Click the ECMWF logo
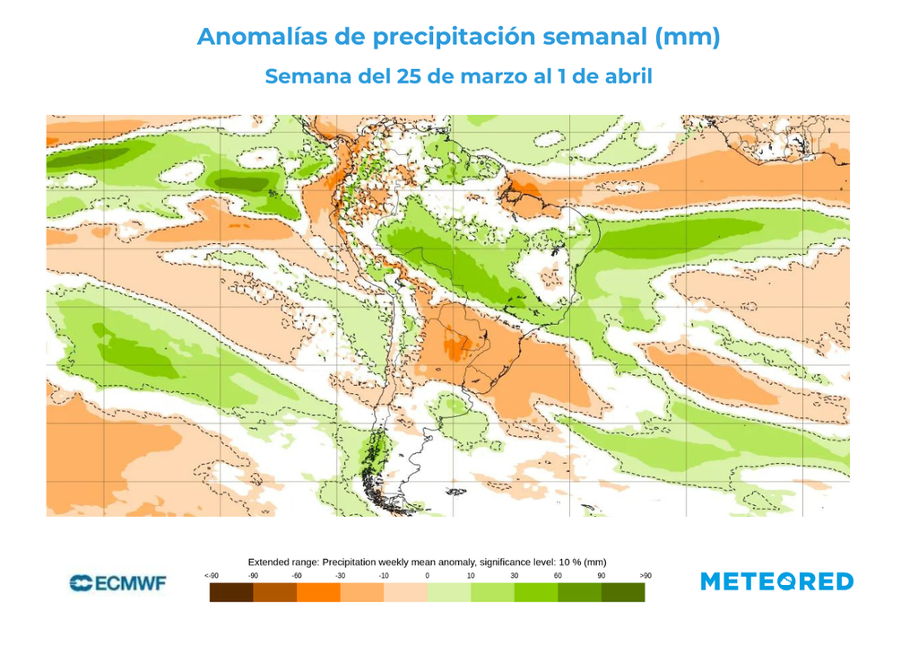point(117,583)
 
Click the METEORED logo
point(776,582)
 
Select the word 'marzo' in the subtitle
point(493,77)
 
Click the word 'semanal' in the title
point(585,38)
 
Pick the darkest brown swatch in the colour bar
point(231,593)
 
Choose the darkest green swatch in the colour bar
point(623,593)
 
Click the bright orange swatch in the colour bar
point(318,593)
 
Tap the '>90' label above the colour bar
point(645,575)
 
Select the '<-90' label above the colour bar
point(211,575)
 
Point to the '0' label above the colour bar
point(427,575)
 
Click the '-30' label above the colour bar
point(340,575)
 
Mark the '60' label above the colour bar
point(558,575)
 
